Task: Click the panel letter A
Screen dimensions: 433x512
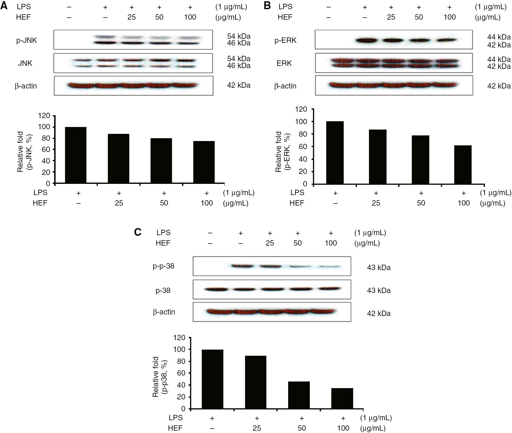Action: (x=4, y=6)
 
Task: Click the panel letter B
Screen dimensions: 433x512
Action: (x=267, y=6)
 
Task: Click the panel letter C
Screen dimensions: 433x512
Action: (x=138, y=232)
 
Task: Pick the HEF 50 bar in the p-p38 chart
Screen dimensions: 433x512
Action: (x=299, y=395)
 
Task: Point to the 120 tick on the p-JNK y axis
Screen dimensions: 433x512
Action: (x=44, y=116)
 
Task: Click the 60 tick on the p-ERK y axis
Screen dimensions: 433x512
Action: (x=303, y=147)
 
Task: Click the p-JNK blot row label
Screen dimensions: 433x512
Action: (x=27, y=40)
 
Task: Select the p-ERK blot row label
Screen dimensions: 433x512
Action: (x=285, y=40)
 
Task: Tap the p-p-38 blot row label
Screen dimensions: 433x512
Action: (x=163, y=266)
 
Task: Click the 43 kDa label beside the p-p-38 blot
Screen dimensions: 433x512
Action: (x=379, y=268)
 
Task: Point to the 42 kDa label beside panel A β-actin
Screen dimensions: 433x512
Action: (x=239, y=85)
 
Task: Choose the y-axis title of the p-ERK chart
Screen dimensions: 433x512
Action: (x=283, y=152)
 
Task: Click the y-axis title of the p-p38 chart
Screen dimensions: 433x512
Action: (x=160, y=377)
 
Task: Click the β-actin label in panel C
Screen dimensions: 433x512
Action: (x=164, y=312)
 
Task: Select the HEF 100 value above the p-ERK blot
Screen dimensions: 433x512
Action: (x=450, y=17)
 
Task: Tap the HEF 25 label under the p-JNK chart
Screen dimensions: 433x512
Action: (x=119, y=203)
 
